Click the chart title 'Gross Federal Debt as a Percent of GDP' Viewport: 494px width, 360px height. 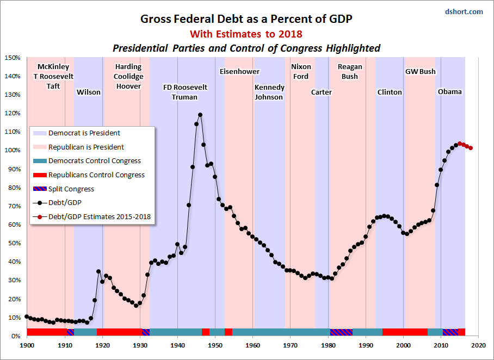coord(246,19)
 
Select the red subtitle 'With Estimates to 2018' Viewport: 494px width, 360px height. coord(246,34)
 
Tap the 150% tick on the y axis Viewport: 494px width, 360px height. coord(13,58)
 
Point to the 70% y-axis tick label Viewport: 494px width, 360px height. coord(13,206)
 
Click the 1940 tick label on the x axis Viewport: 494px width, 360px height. coord(178,345)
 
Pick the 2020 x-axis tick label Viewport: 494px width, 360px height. coord(479,345)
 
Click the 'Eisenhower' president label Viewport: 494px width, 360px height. coord(239,72)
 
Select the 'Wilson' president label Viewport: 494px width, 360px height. coord(89,92)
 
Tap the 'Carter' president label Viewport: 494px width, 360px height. coord(322,92)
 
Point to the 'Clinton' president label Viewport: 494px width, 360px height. coord(390,92)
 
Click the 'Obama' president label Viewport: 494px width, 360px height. coord(450,92)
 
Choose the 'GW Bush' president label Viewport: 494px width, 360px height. coord(421,72)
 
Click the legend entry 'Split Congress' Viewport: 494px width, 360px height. coord(71,189)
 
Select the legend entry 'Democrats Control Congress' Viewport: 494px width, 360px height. coord(95,161)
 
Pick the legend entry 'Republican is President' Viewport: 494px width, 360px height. coord(86,147)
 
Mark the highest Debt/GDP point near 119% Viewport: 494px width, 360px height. coord(200,115)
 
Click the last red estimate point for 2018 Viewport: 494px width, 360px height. coord(471,148)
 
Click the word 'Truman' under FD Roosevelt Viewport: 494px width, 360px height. coord(184,97)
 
